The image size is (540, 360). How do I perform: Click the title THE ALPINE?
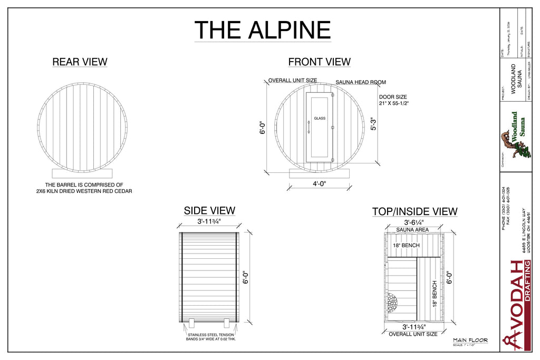263,30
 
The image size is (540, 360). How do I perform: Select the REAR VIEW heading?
80,62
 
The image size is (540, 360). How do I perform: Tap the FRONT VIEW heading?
319,62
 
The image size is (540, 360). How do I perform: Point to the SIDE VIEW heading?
209,211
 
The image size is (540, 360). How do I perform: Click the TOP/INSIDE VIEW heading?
414,212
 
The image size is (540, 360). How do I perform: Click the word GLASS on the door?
320,119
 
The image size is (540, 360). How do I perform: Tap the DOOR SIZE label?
393,97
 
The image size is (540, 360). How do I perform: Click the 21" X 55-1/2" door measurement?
394,103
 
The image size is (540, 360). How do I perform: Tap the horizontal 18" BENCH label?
406,246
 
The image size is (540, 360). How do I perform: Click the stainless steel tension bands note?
211,336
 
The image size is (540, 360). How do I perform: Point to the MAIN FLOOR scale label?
470,340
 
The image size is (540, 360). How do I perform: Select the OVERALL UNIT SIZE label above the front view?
293,81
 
